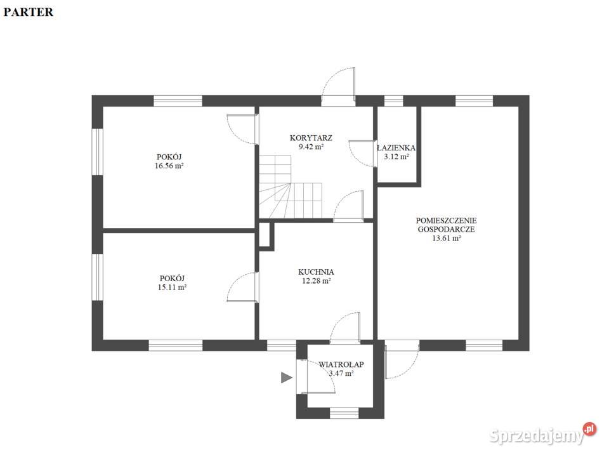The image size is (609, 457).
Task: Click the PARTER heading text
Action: pyautogui.click(x=29, y=12)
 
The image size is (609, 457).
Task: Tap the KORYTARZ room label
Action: pyautogui.click(x=311, y=138)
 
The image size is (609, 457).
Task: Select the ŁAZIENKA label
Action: pyautogui.click(x=396, y=148)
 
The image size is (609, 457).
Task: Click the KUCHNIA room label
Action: pyautogui.click(x=316, y=272)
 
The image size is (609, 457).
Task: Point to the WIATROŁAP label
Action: pyautogui.click(x=341, y=364)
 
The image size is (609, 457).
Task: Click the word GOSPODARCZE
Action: pyautogui.click(x=446, y=229)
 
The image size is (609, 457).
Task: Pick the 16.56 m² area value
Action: pyautogui.click(x=169, y=166)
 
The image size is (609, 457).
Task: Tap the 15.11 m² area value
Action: pyautogui.click(x=172, y=288)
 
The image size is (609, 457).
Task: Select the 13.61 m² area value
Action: pyautogui.click(x=447, y=238)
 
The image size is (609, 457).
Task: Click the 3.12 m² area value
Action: pyautogui.click(x=396, y=157)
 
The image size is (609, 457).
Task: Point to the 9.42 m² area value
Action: pyautogui.click(x=311, y=147)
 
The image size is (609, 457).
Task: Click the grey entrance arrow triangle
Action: pyautogui.click(x=287, y=377)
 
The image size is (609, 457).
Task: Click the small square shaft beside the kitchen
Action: pyautogui.click(x=266, y=234)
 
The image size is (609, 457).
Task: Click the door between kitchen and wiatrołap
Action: pyautogui.click(x=346, y=328)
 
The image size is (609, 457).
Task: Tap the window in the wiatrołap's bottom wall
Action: pyautogui.click(x=344, y=413)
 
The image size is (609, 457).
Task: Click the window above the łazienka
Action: pyautogui.click(x=394, y=101)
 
